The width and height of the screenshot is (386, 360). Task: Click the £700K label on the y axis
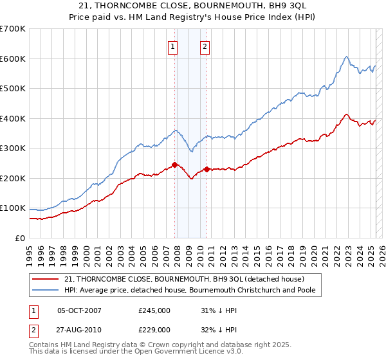(13, 29)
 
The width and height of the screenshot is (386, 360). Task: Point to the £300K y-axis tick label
(13, 148)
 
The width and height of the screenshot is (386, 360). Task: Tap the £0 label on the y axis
(19, 238)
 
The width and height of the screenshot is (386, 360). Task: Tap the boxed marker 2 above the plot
(205, 46)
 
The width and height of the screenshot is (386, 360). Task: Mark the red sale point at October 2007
(174, 165)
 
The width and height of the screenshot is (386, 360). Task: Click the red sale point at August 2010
(207, 170)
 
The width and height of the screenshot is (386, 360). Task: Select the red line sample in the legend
(46, 279)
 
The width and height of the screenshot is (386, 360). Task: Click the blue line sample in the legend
(46, 290)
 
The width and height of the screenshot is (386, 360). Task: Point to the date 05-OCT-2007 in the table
(79, 310)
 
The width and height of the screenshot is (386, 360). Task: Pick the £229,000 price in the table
(154, 330)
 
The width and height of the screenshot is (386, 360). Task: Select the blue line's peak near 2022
(346, 57)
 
